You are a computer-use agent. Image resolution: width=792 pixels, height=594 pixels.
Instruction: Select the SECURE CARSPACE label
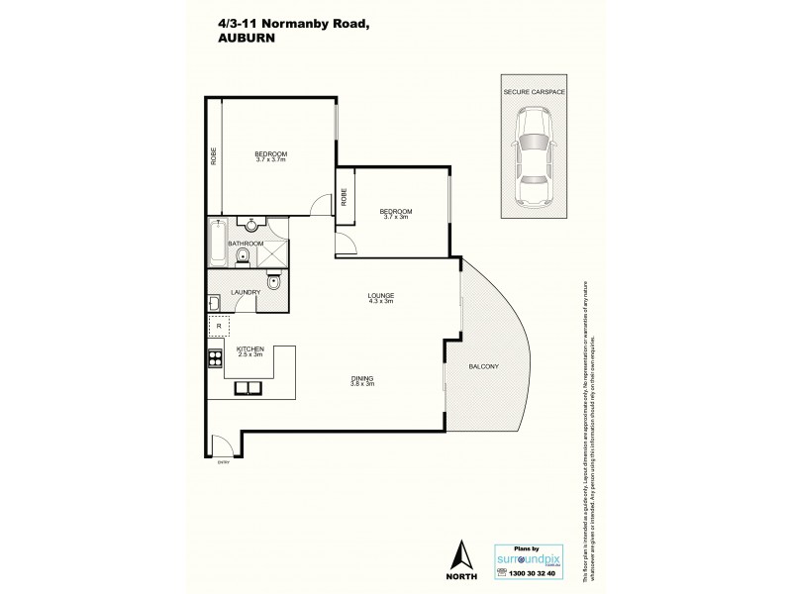point(534,90)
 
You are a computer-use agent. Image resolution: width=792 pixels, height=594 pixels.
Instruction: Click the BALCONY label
point(484,367)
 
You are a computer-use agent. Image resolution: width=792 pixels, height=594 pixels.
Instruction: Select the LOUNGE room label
point(381,294)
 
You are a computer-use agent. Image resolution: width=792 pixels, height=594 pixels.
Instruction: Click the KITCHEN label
point(250,349)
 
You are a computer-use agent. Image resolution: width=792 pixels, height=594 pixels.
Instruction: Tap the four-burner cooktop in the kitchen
point(214,355)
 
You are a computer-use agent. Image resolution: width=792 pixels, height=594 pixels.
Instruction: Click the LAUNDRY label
point(246,292)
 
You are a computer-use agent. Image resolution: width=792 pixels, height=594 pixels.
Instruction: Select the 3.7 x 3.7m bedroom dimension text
point(270,159)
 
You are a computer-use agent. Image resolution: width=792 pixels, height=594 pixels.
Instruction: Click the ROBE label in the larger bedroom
point(214,155)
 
